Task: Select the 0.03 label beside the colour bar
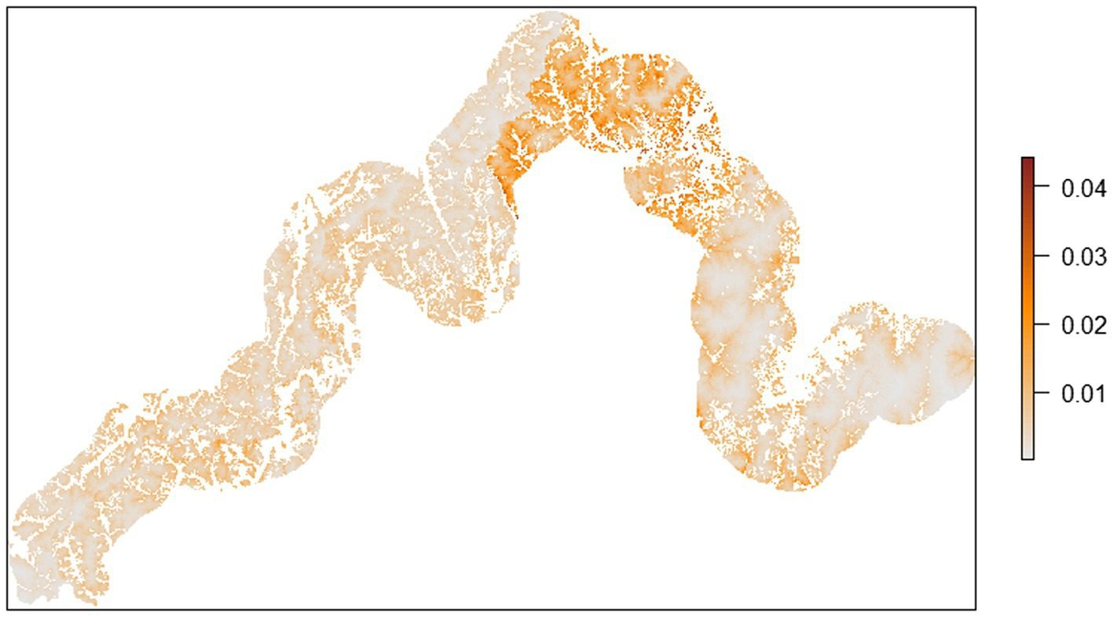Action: (x=1083, y=256)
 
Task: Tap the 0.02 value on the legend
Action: (x=1083, y=323)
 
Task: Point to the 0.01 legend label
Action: (x=1083, y=392)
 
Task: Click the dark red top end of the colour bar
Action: (x=1027, y=161)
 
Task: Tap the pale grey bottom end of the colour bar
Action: (x=1027, y=455)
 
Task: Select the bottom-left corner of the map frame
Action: (x=9, y=608)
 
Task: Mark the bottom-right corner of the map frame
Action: (x=976, y=608)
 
